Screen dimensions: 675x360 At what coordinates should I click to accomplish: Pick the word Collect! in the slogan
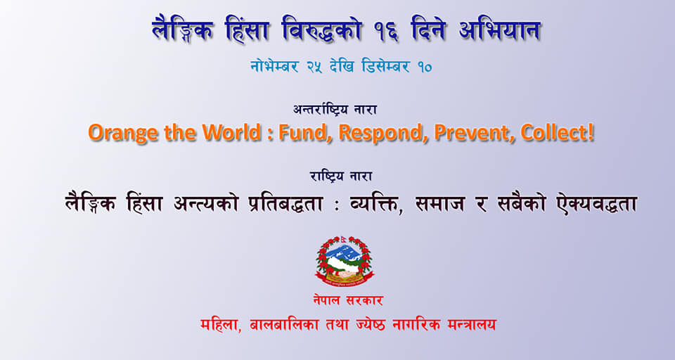[558, 132]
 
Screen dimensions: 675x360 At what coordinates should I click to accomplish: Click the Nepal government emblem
[345, 262]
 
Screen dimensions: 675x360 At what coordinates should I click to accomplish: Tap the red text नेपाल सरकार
[348, 300]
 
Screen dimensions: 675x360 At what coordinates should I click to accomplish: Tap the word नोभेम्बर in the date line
[274, 67]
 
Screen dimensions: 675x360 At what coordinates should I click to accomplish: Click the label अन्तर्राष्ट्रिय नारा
[335, 110]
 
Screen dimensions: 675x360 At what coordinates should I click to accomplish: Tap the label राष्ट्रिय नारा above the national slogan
[341, 176]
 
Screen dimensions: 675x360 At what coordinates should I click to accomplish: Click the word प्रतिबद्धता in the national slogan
[286, 203]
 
